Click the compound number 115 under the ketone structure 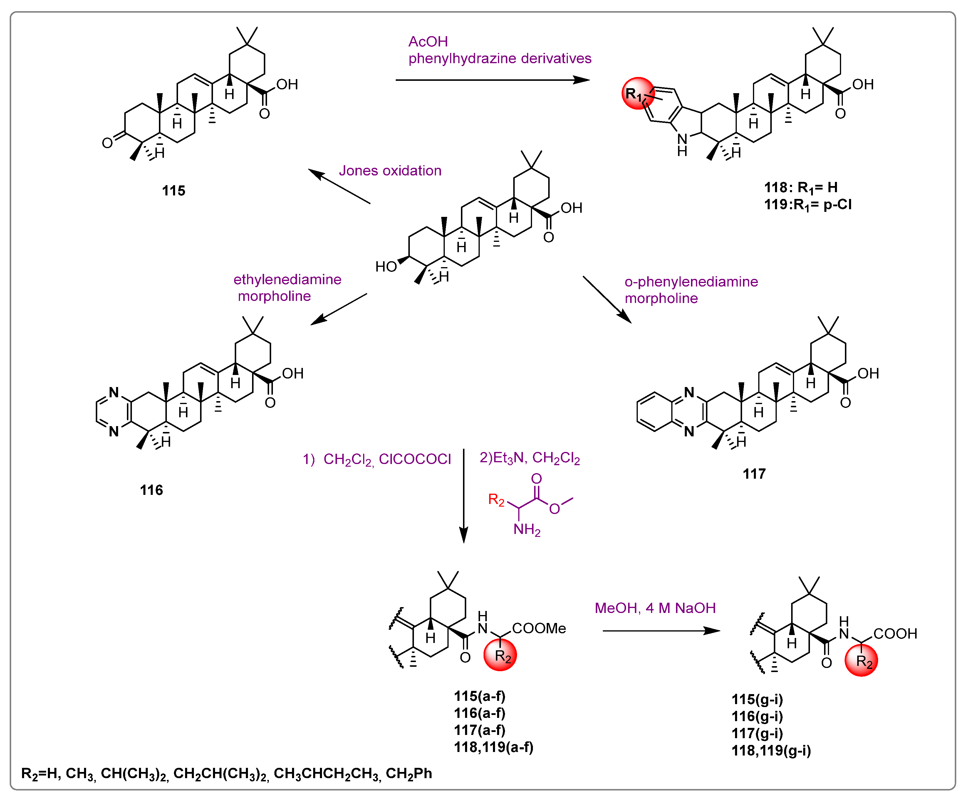tap(173, 190)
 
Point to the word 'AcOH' tap(428, 42)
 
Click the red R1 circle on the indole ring tap(638, 93)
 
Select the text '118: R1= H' tap(801, 187)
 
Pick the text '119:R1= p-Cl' tap(807, 204)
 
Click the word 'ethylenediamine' tap(287, 279)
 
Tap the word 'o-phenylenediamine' tap(691, 282)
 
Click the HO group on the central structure tap(385, 267)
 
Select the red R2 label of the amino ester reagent tap(496, 499)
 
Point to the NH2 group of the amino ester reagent tap(526, 529)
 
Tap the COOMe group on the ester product tap(539, 628)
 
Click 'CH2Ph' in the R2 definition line tap(409, 773)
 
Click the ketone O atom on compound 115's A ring tap(107, 143)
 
